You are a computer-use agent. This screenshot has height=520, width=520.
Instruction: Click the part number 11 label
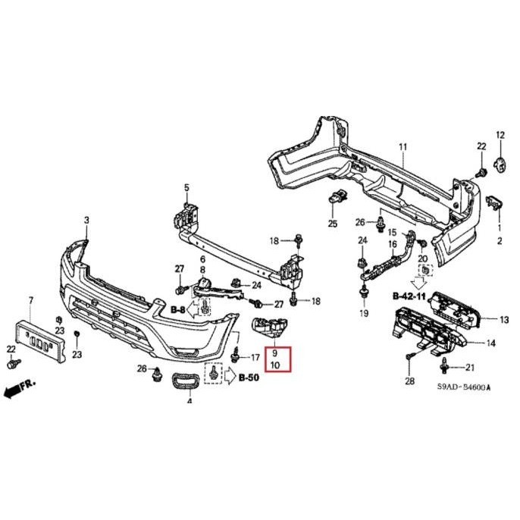point(403,146)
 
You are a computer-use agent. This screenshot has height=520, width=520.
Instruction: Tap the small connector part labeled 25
point(335,199)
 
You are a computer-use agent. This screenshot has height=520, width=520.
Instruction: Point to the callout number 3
point(86,220)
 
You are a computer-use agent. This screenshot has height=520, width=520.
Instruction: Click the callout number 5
point(186,187)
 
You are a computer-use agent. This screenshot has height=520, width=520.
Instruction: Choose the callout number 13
point(504,320)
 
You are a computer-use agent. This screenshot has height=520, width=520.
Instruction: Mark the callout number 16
point(393,243)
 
